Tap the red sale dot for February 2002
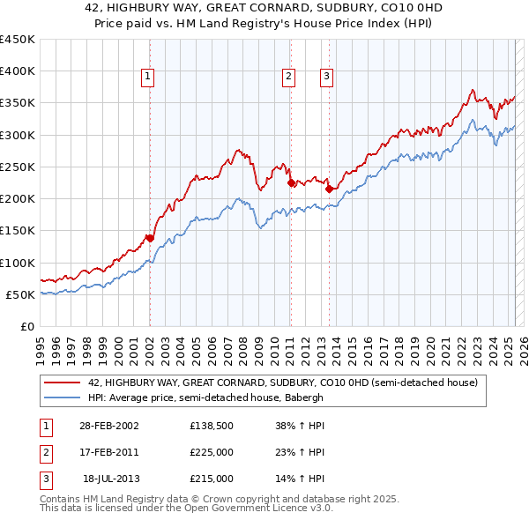point(150,238)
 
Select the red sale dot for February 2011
point(290,183)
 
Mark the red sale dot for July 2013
point(329,189)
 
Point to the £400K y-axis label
point(18,71)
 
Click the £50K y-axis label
point(21,294)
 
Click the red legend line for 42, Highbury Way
point(62,383)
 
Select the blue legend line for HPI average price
point(62,397)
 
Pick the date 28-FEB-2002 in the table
point(109,426)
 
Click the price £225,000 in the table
point(212,452)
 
